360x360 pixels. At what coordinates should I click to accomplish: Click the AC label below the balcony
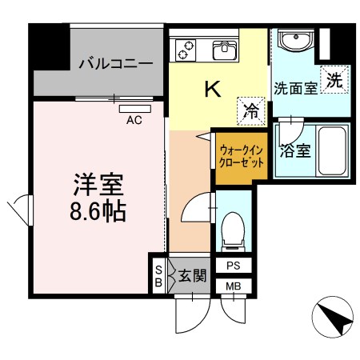coord(134,121)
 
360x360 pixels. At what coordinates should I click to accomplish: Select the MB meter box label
coord(234,286)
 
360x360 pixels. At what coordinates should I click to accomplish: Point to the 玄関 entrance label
coord(193,277)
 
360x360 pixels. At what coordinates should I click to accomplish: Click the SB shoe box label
coord(158,276)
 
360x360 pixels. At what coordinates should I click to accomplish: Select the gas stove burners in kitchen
coord(186,50)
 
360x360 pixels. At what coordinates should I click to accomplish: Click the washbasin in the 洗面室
coord(292,40)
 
